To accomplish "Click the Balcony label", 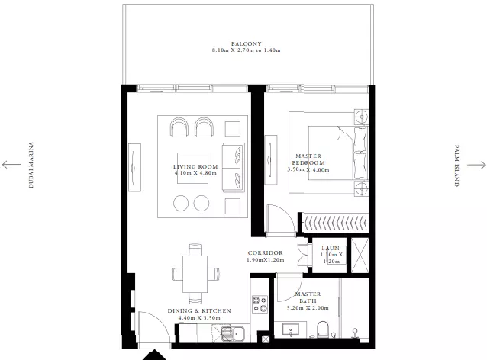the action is click(x=247, y=44).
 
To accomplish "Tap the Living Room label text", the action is click(x=195, y=167).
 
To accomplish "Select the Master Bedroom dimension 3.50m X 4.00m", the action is click(x=308, y=170).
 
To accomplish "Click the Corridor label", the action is click(x=265, y=253).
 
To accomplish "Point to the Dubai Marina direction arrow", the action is click(x=11, y=165).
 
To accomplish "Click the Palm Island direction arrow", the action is click(x=476, y=165).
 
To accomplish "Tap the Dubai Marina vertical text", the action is click(x=31, y=165).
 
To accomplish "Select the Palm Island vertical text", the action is click(x=456, y=166).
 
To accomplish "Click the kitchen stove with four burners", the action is click(x=260, y=304).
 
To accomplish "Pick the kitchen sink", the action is click(x=233, y=333).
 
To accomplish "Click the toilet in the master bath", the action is click(x=323, y=329).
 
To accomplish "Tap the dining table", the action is click(x=195, y=274).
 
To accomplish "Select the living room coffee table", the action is click(x=192, y=168).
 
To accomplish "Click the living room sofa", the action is click(x=234, y=168).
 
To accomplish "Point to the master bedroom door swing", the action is click(x=279, y=218).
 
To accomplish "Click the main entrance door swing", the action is click(x=154, y=327).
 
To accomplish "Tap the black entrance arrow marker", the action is click(x=154, y=355).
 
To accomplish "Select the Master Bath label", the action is click(x=308, y=297).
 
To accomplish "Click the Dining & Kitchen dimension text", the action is click(x=199, y=318).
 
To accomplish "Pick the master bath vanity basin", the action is click(x=291, y=329).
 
